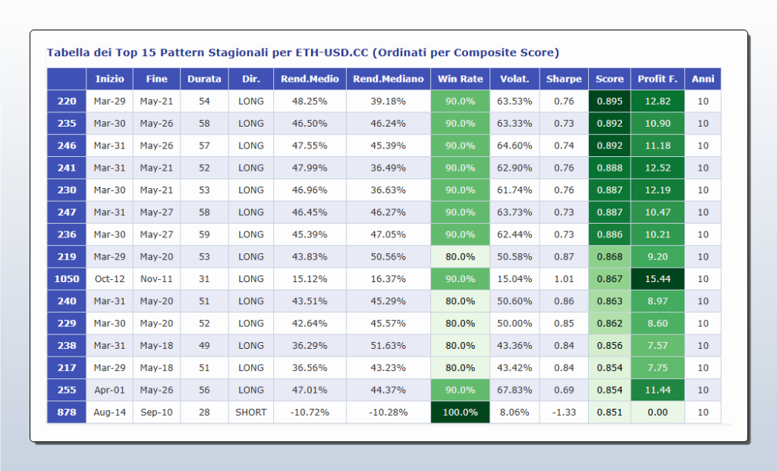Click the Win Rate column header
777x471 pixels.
point(460,79)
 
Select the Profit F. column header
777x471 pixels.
point(657,79)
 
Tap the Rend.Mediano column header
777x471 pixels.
point(388,79)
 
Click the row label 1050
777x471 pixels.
point(67,279)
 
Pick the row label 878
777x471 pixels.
point(67,413)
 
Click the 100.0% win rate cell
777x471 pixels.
point(460,413)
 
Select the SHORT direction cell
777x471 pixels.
point(250,413)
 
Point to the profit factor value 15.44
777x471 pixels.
point(657,279)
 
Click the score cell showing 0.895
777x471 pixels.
point(609,102)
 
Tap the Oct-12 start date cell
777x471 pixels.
point(109,279)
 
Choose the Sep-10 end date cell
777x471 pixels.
point(156,413)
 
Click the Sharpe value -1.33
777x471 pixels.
point(564,413)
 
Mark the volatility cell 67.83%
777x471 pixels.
point(514,390)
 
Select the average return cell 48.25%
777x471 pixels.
point(310,102)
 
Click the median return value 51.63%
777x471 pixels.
point(388,346)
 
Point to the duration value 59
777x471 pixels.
point(204,234)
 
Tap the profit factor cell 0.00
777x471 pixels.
point(657,413)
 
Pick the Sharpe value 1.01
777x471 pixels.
point(564,279)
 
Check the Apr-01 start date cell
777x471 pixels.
point(109,390)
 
